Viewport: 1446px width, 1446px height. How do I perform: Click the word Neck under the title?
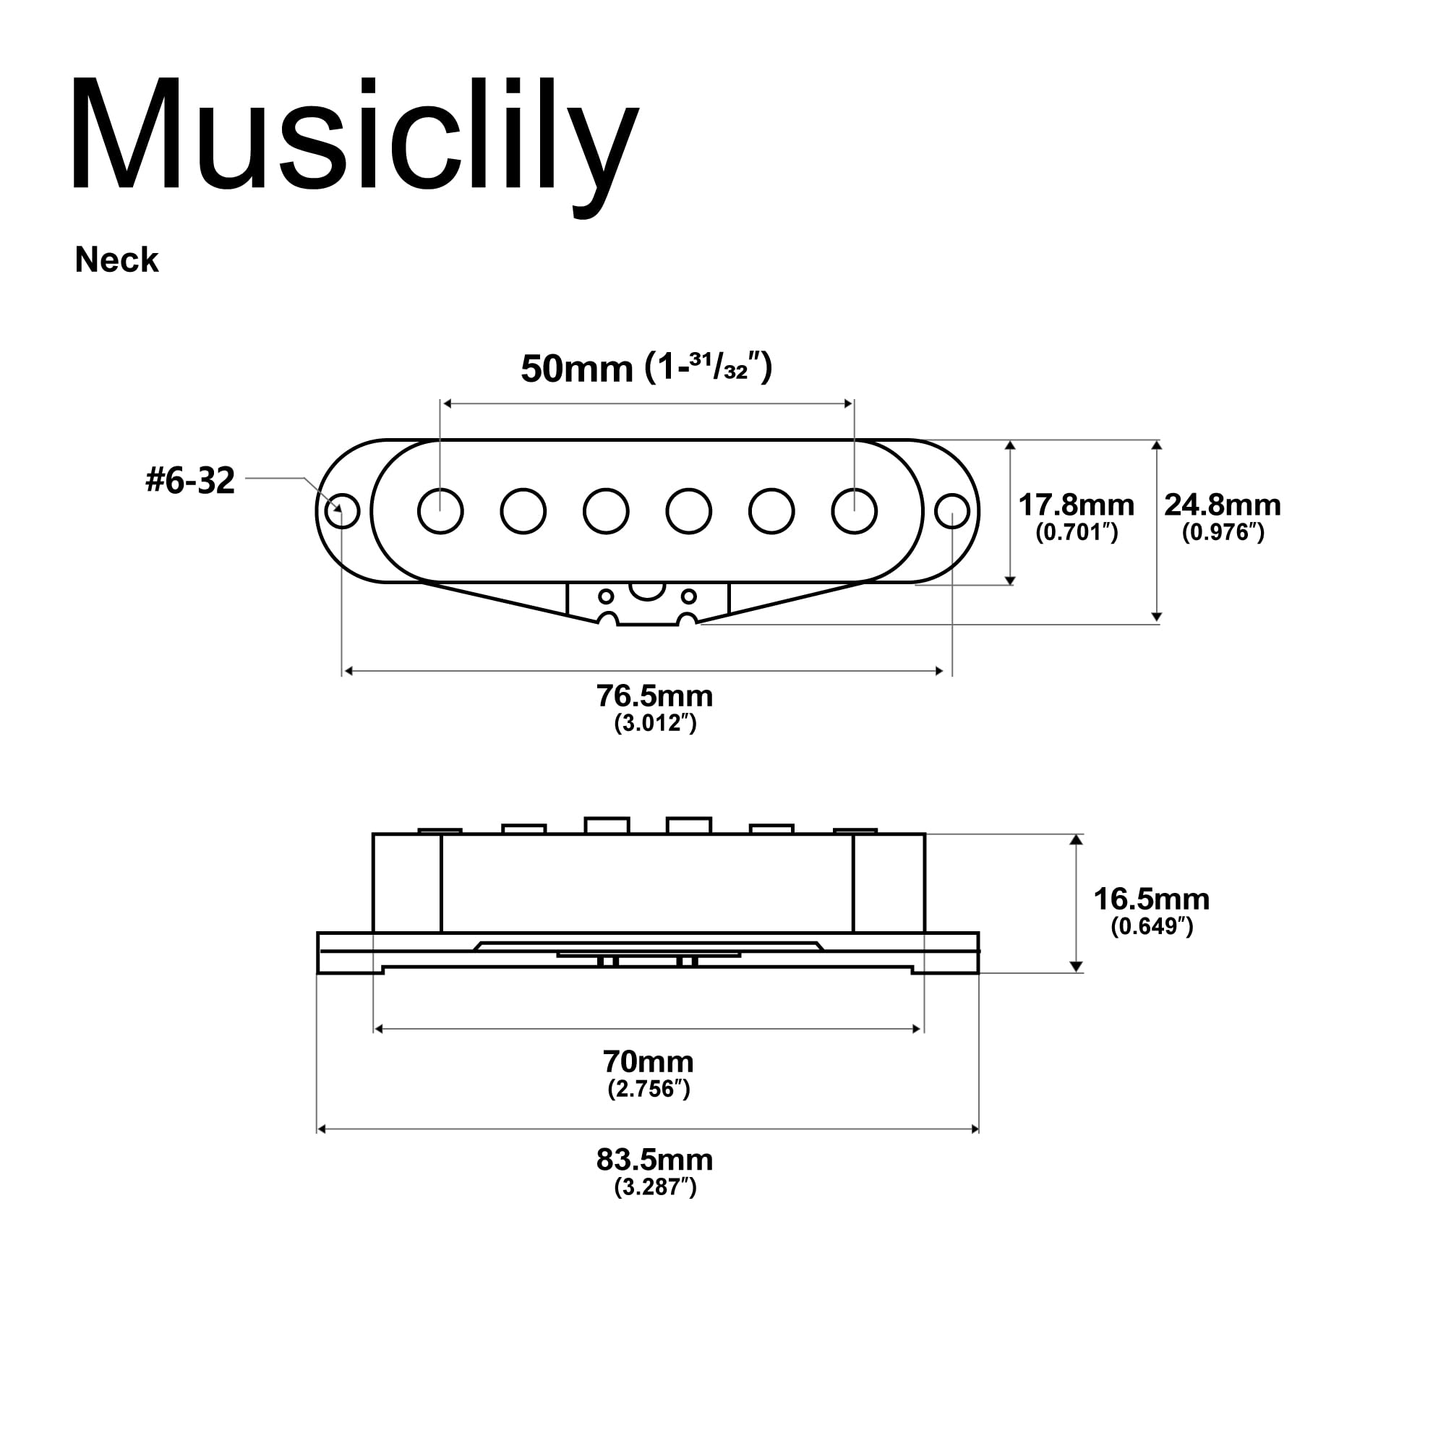point(116,260)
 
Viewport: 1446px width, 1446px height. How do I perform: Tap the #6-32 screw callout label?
point(190,480)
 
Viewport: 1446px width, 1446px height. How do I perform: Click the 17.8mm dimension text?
point(1076,505)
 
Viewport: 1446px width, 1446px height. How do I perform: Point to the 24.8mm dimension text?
point(1222,505)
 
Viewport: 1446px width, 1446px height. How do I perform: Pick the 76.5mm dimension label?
point(655,696)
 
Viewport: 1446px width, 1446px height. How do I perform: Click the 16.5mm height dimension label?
point(1151,899)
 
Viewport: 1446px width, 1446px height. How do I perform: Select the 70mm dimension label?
point(648,1061)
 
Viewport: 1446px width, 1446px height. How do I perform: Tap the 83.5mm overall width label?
point(655,1160)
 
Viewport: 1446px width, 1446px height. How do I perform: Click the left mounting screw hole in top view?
point(343,511)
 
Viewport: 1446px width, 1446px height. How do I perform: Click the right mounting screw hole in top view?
point(952,511)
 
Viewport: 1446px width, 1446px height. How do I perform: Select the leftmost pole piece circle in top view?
point(441,511)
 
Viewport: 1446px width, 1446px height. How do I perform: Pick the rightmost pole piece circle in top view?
point(854,511)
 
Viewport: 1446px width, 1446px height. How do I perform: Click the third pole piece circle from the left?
point(605,511)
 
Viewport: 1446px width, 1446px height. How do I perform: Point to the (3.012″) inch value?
point(655,724)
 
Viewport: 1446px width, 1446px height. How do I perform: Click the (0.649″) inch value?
point(1151,927)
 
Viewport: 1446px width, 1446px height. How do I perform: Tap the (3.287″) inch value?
point(655,1187)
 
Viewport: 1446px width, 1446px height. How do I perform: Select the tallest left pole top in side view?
point(607,825)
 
